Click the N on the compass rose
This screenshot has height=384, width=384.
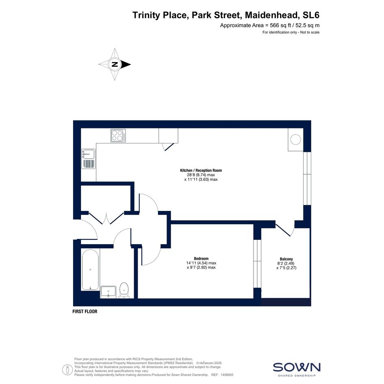[115, 65]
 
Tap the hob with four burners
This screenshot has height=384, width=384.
[118, 135]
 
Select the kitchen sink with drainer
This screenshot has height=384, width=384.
[89, 159]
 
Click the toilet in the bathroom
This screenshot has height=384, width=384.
[124, 291]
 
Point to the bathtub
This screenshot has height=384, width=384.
[90, 269]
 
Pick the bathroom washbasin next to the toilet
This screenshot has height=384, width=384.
[108, 292]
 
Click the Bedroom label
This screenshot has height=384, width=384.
[201, 258]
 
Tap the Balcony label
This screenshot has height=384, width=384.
[286, 259]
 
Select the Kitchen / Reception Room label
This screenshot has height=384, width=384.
[201, 170]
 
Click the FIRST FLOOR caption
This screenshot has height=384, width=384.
[85, 312]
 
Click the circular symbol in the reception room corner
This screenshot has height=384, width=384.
[295, 139]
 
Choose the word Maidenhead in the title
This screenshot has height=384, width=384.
[272, 15]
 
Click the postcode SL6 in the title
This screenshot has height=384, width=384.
[311, 15]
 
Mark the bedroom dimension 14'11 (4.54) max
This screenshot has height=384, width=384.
[201, 263]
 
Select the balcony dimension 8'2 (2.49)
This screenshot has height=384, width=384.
[286, 263]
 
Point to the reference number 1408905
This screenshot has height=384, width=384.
[227, 375]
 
